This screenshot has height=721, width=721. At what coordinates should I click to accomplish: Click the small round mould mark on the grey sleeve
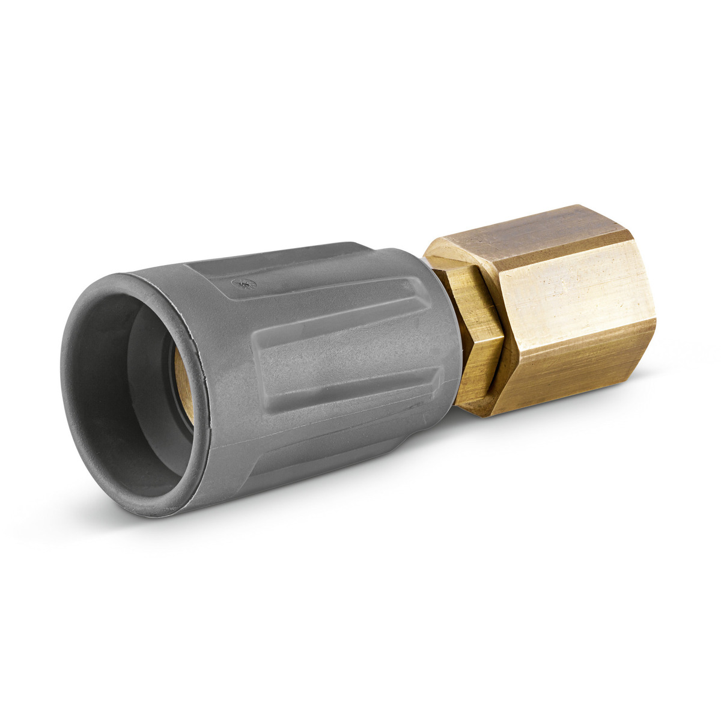245,283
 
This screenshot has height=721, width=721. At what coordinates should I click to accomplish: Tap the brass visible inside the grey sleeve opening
183,385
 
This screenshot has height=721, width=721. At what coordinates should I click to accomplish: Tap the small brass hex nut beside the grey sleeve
478,336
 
